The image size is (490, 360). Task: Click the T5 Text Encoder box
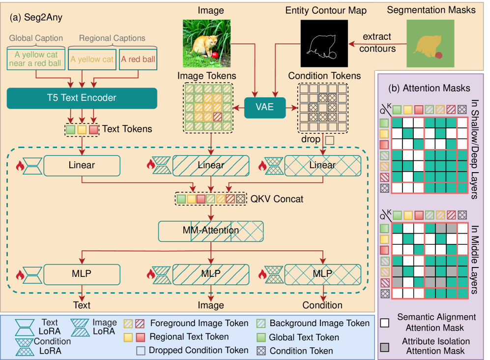coord(82,98)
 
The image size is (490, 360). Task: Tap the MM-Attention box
coord(211,230)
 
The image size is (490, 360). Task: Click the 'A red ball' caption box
coord(138,60)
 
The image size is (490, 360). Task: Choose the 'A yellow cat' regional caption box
coord(91,60)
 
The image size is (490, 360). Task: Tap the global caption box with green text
coord(35,60)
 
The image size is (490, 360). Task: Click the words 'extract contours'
coord(377,43)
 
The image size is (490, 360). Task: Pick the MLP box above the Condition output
coord(322,273)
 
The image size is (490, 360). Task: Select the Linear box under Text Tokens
coord(82,165)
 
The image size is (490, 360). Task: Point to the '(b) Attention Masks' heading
coord(429,89)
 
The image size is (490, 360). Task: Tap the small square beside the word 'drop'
coord(329,140)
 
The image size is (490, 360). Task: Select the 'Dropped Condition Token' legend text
coord(199,351)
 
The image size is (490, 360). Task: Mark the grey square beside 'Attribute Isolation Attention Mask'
coord(386,345)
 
